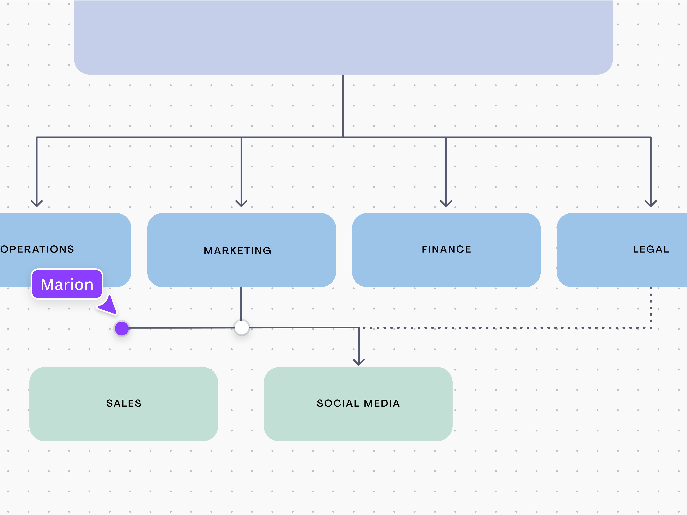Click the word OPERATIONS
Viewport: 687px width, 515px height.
pyautogui.click(x=37, y=249)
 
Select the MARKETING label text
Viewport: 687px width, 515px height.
pyautogui.click(x=238, y=250)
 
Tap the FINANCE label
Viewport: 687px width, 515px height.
pyautogui.click(x=446, y=249)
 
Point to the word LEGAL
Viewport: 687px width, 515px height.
pyautogui.click(x=651, y=249)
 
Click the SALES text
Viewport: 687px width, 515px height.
pyautogui.click(x=124, y=403)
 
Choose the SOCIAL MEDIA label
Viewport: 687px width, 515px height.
pyautogui.click(x=358, y=403)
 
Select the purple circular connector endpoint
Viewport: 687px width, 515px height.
pyautogui.click(x=122, y=328)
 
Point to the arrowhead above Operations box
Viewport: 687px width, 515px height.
pyautogui.click(x=37, y=204)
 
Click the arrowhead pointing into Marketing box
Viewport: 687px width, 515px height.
pyautogui.click(x=241, y=204)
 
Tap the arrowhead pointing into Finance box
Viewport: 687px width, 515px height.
pyautogui.click(x=446, y=204)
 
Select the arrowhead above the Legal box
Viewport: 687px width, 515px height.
pyautogui.click(x=651, y=204)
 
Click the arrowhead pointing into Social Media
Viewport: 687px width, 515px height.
pyautogui.click(x=359, y=362)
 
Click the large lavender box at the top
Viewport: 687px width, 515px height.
pyautogui.click(x=343, y=37)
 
